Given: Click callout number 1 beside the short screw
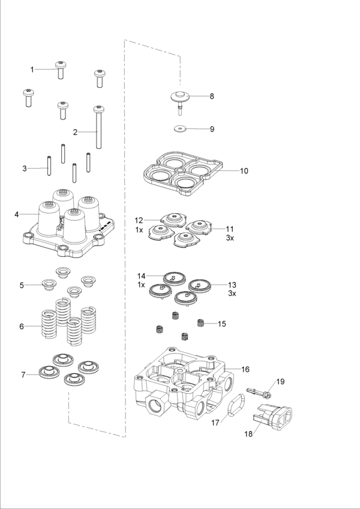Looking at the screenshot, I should click(32, 70).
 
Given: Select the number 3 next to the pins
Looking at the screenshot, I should click(25, 169).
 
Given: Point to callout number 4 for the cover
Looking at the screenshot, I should click(17, 214).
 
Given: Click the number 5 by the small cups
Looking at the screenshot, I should click(22, 285).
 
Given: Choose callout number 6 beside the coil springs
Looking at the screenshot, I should click(22, 327).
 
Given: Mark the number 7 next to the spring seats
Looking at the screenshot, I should click(23, 375).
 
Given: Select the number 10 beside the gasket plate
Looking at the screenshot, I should click(244, 171).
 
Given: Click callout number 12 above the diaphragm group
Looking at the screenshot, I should click(139, 220).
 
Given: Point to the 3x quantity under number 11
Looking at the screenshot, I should click(230, 238).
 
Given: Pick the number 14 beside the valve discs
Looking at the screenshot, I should click(141, 276).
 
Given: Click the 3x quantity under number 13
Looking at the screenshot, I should click(232, 294).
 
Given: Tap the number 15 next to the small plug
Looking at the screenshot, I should click(221, 324).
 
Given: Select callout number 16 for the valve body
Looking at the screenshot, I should click(245, 369).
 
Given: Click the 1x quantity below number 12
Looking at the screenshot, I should click(139, 230).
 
